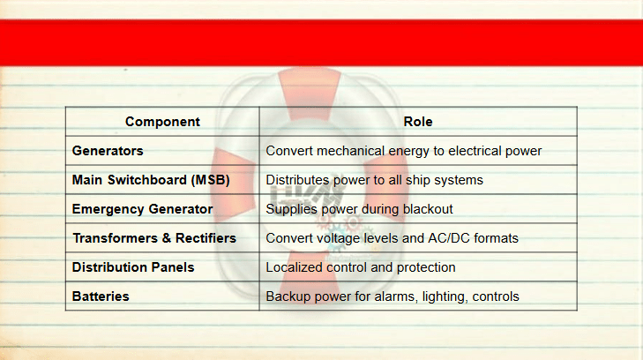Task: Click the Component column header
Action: (x=162, y=122)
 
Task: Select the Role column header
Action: (x=418, y=122)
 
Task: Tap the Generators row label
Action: (x=108, y=151)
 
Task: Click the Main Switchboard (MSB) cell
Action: (x=151, y=180)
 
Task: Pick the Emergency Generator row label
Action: (x=142, y=209)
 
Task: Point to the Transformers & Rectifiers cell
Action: (x=154, y=238)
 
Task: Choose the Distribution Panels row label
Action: (x=133, y=267)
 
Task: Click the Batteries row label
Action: (x=101, y=296)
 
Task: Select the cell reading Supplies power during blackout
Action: (x=359, y=209)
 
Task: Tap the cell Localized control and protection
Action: (x=361, y=267)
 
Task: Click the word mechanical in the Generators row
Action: (x=351, y=151)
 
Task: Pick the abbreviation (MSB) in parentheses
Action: (x=210, y=180)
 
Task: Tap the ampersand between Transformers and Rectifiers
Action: (x=166, y=238)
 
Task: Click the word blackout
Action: (x=428, y=209)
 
